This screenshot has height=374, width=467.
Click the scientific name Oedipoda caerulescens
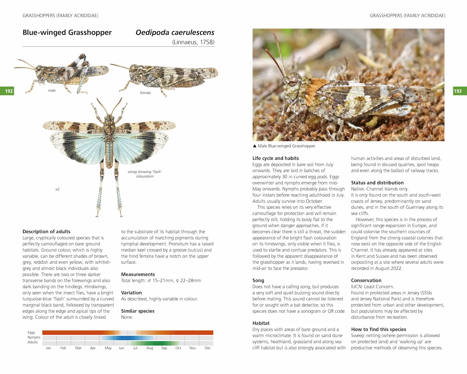[175, 32]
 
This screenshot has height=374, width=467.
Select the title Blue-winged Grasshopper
[67, 32]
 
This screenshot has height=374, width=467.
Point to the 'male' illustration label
[52, 90]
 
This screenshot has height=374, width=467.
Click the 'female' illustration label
[145, 93]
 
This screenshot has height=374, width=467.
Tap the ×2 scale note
[57, 189]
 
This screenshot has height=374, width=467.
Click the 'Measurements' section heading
[138, 274]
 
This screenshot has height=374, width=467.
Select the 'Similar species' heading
[138, 311]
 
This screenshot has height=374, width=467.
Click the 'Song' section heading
[258, 280]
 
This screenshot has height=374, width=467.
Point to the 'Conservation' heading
[366, 280]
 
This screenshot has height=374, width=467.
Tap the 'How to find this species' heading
[379, 329]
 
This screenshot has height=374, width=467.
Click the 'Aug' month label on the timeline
[150, 348]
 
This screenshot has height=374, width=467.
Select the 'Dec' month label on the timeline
[208, 348]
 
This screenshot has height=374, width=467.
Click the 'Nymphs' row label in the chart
[34, 337]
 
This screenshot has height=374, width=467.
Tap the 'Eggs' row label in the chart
[31, 333]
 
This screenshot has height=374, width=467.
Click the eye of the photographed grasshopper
[293, 80]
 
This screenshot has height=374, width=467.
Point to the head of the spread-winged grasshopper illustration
[109, 118]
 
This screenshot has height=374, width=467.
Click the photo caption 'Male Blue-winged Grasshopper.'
[287, 146]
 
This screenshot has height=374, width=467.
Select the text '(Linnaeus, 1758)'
[193, 42]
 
